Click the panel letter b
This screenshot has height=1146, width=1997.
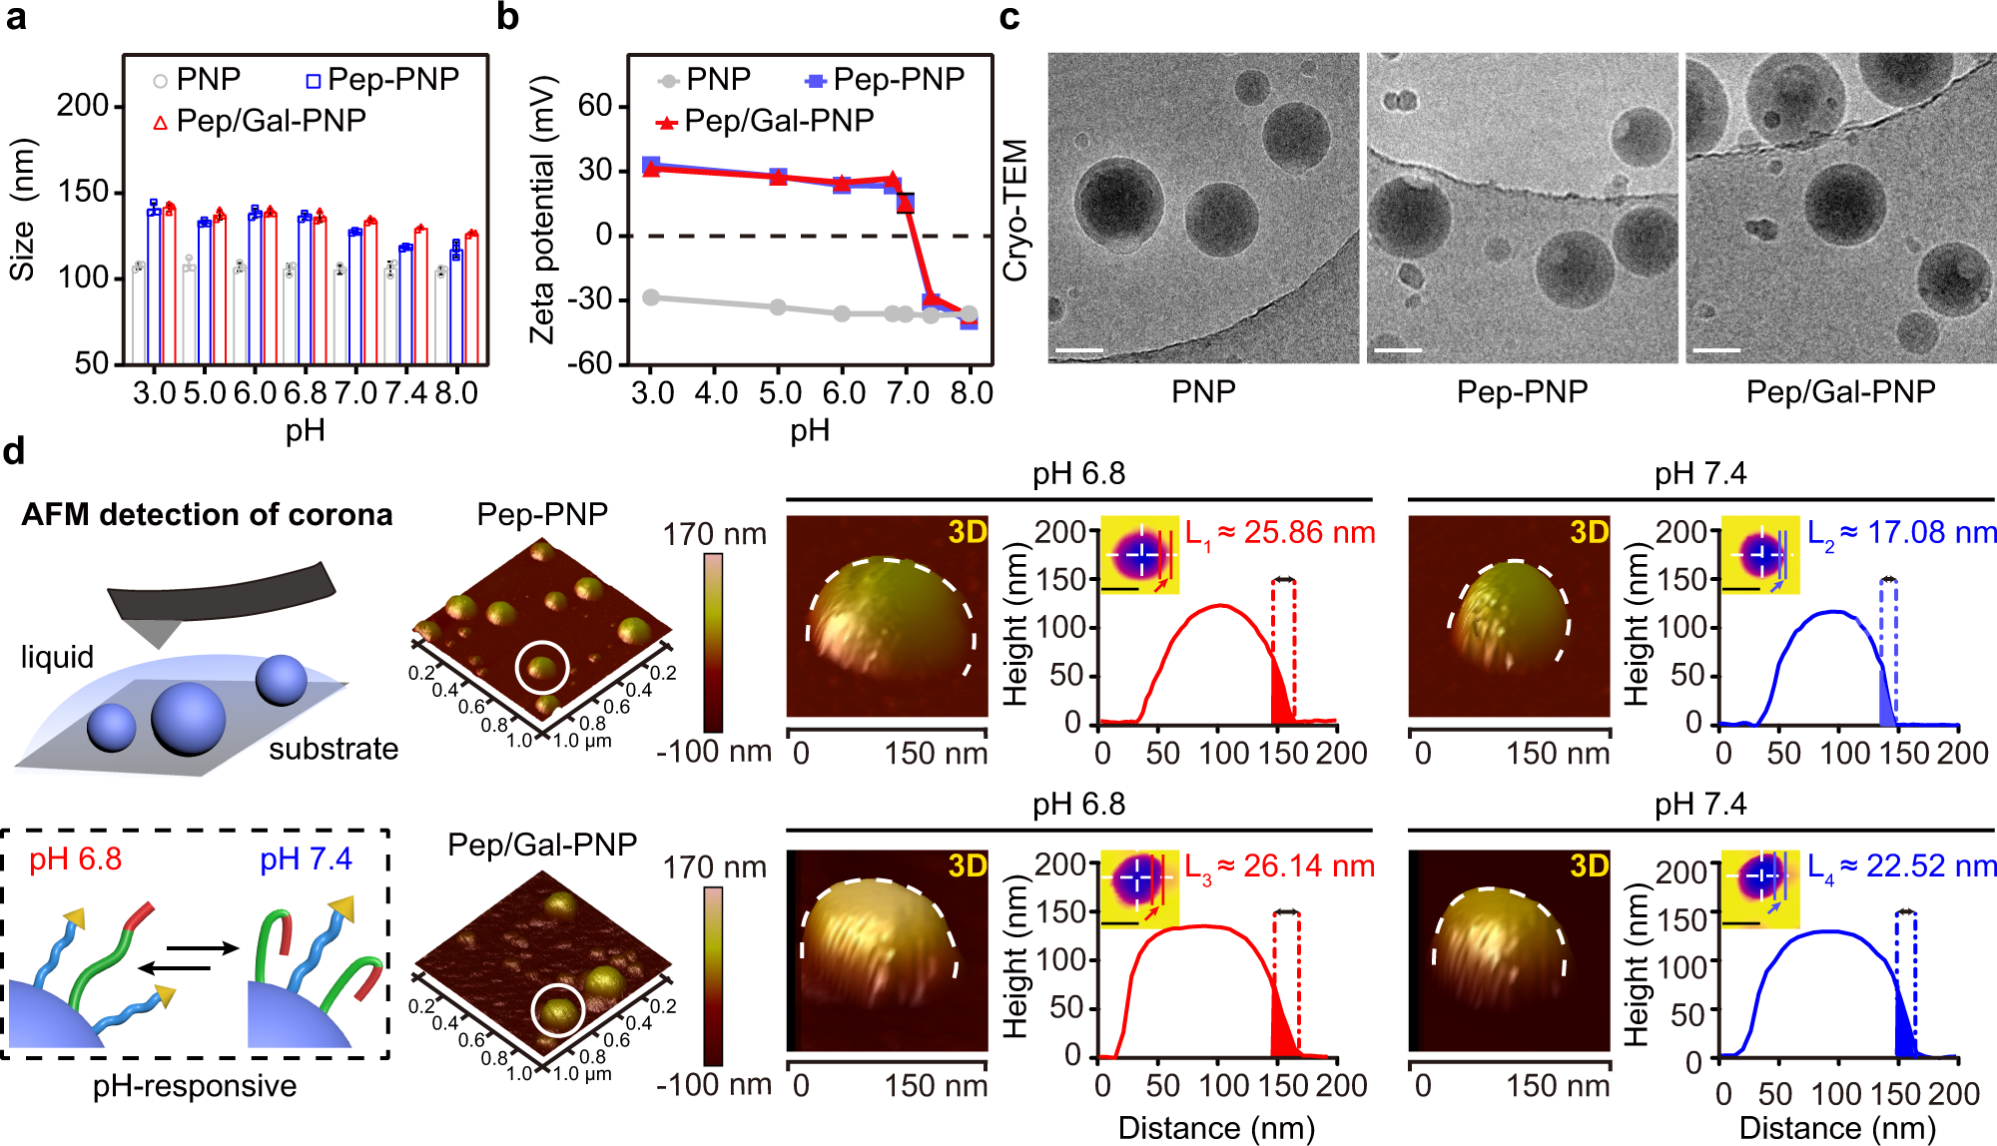pos(508,18)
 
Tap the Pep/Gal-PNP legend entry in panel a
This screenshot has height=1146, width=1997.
pos(260,121)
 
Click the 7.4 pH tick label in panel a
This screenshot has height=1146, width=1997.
pos(406,392)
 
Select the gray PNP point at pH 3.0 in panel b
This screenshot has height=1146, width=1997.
pos(651,297)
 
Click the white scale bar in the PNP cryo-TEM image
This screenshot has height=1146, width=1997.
pos(1079,350)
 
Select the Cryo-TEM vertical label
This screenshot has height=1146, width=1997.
pos(1014,210)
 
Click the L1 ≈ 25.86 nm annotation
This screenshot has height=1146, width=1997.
pos(1279,533)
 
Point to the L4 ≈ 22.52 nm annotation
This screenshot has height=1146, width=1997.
pos(1901,866)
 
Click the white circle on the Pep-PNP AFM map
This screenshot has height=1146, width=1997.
pos(542,668)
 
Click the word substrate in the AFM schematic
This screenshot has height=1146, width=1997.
pos(333,749)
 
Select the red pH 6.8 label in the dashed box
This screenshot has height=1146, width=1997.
pos(76,859)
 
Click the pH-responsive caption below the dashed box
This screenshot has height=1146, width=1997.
pos(195,1085)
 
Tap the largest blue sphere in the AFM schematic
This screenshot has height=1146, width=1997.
pos(188,719)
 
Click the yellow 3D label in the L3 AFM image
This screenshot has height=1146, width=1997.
pos(968,865)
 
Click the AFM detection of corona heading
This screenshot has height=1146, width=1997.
pos(207,514)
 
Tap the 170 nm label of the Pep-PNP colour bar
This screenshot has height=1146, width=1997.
pos(714,534)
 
